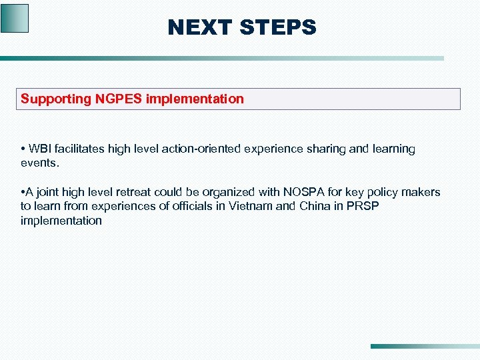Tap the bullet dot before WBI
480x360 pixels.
point(23,149)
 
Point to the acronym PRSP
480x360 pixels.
point(362,206)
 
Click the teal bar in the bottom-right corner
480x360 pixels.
point(424,347)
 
